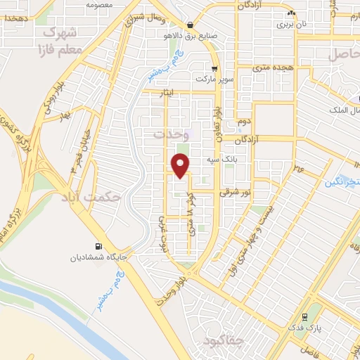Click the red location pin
181,165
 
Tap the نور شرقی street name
234,191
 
